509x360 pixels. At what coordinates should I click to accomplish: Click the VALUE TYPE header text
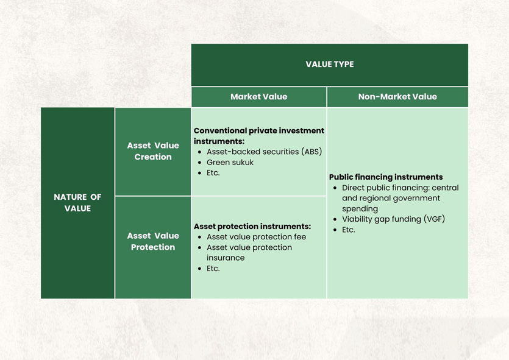click(330, 64)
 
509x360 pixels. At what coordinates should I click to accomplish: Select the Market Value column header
click(258, 97)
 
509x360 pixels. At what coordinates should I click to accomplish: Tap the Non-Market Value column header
click(397, 97)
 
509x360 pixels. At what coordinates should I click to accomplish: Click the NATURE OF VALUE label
click(77, 203)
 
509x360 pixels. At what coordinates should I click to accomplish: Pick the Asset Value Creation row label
click(153, 151)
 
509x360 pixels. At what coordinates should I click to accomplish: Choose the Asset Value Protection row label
click(153, 241)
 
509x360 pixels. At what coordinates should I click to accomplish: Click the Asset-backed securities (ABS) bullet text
click(264, 152)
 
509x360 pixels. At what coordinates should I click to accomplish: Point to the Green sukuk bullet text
click(230, 162)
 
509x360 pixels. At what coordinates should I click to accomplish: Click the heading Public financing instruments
click(386, 177)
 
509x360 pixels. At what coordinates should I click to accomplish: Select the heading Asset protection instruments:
click(252, 227)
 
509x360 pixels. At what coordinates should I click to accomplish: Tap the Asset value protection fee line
click(256, 237)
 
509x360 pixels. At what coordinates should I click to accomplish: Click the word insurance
click(226, 258)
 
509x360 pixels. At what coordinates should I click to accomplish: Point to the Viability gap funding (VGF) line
click(393, 219)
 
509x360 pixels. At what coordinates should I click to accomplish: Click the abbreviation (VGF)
click(435, 219)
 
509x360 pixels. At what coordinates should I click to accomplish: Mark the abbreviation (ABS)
click(311, 152)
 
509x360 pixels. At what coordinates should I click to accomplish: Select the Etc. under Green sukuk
click(213, 173)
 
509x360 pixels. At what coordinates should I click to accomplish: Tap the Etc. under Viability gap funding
click(348, 230)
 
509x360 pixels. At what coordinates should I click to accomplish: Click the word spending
click(360, 209)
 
